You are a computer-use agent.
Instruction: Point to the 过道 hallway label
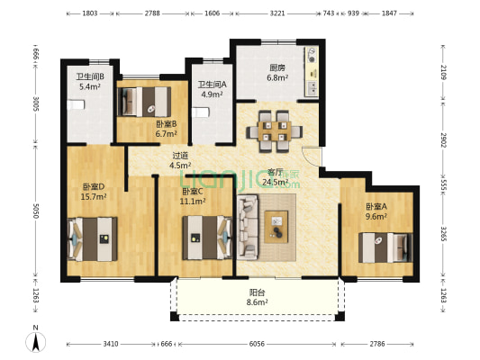point(181,155)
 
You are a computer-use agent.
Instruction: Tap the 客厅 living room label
point(276,172)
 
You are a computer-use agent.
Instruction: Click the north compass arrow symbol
point(35,341)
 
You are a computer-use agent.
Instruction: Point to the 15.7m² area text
point(95,197)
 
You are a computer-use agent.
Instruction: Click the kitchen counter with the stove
point(311,71)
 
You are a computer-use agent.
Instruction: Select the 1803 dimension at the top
point(89,14)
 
